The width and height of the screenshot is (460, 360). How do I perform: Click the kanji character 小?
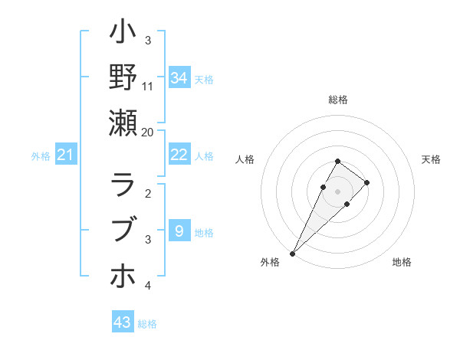(123, 34)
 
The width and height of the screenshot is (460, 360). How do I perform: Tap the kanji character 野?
(123, 77)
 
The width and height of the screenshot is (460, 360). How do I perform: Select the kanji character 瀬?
(123, 122)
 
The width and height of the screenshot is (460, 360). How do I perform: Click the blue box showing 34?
(179, 77)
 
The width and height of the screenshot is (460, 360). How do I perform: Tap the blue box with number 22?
(179, 155)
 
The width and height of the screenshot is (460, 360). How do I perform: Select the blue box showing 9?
(179, 231)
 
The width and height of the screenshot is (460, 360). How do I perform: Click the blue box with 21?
(65, 155)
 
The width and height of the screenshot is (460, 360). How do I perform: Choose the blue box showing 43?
(123, 322)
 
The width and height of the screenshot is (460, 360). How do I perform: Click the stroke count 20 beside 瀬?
(147, 132)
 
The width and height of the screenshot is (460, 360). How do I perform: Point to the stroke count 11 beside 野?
(148, 86)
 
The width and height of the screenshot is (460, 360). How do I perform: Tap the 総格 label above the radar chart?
(338, 100)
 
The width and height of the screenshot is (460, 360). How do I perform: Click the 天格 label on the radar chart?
(431, 159)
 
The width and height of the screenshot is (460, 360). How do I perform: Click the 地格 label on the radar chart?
(402, 262)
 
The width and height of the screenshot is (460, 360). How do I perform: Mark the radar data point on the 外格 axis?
(292, 253)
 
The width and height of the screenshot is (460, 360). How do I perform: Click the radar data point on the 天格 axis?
(367, 182)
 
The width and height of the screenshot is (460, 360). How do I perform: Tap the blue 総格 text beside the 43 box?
(147, 324)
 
